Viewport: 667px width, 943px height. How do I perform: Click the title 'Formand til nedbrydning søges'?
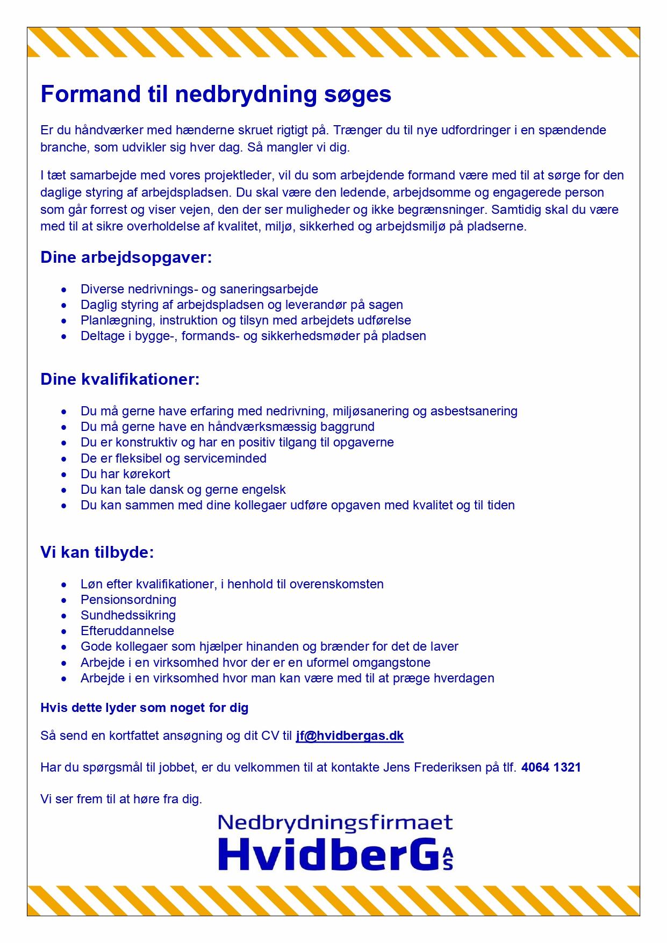216,95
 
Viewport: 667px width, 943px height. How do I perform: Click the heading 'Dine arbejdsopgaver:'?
126,257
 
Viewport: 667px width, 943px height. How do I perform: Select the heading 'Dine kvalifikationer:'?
120,379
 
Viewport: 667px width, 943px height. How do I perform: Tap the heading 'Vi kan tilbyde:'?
97,552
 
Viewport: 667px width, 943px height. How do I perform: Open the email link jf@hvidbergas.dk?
349,736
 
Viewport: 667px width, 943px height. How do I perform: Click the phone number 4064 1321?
551,767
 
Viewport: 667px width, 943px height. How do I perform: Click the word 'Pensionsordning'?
128,600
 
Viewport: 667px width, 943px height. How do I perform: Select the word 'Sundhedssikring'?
128,615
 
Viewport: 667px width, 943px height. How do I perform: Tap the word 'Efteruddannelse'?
127,631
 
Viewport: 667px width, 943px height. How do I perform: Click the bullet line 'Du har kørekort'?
125,474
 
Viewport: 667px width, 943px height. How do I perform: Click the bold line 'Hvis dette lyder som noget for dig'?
145,708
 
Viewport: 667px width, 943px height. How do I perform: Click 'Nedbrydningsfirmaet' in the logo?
335,823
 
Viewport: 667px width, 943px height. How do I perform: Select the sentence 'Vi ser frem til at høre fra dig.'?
121,799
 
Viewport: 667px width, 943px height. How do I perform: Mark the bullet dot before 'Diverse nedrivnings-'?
64,290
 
